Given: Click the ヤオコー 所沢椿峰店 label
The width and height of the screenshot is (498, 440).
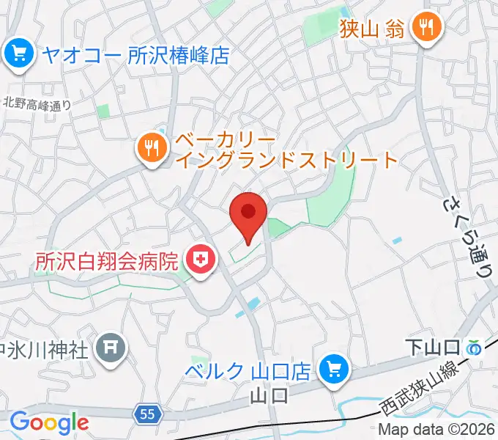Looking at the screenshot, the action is pyautogui.click(x=136, y=54).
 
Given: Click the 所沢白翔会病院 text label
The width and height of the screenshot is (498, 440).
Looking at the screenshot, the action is pyautogui.click(x=107, y=260).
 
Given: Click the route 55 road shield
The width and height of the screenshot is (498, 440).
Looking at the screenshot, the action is pyautogui.click(x=146, y=414).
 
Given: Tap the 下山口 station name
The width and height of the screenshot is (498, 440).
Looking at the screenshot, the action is pyautogui.click(x=434, y=346).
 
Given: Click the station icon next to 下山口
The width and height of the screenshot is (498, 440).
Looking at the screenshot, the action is pyautogui.click(x=476, y=346).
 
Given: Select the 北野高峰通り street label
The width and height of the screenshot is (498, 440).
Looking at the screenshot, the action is pyautogui.click(x=37, y=104).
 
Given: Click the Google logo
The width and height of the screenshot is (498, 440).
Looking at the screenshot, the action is pyautogui.click(x=49, y=422).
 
